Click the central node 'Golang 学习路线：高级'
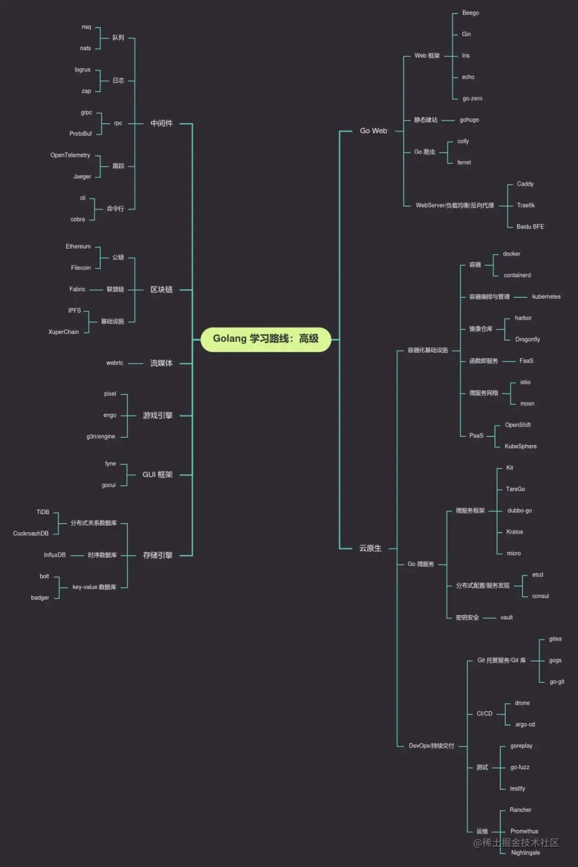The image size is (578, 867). (x=266, y=339)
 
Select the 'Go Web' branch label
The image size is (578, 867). (x=373, y=131)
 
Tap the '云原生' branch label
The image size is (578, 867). (x=370, y=548)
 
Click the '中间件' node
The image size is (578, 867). (x=161, y=123)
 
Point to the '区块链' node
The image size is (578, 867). (x=161, y=290)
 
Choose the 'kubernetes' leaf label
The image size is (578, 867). (x=546, y=297)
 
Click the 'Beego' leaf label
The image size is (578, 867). (x=470, y=13)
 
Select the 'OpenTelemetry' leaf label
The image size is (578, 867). (x=70, y=155)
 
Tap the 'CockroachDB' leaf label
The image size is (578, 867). (x=31, y=533)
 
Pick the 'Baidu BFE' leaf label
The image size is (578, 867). (x=530, y=227)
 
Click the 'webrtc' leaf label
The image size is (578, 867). (x=115, y=363)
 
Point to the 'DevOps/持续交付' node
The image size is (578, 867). (x=431, y=746)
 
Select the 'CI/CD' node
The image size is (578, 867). (x=484, y=714)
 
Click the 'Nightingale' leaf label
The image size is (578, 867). (x=525, y=853)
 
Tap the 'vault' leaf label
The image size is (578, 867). (x=506, y=617)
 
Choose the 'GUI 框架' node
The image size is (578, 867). (x=157, y=474)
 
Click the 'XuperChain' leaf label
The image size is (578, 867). (x=63, y=332)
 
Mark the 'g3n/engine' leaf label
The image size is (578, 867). (x=101, y=436)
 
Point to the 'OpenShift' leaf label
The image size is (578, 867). (x=518, y=425)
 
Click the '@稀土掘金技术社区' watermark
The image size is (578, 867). (x=516, y=843)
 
